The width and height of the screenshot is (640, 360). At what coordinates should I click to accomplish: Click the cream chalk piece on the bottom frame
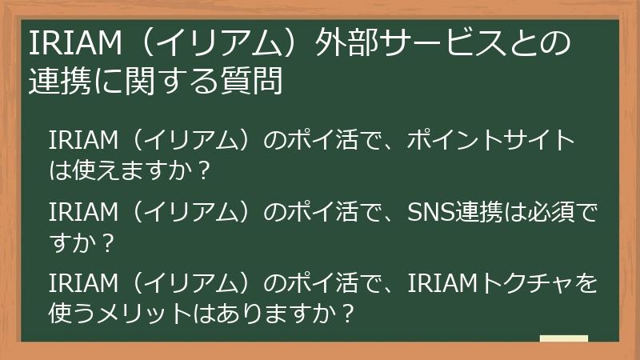click(x=563, y=338)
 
